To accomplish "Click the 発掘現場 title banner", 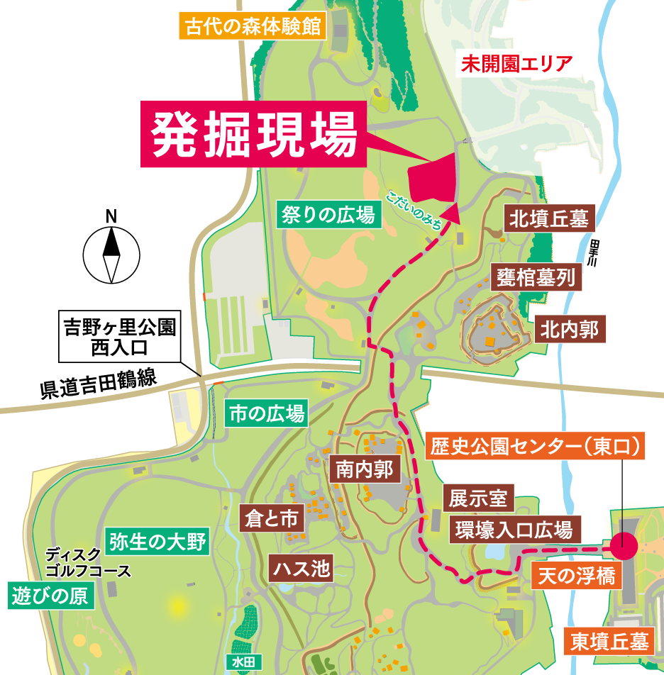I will click(254, 134).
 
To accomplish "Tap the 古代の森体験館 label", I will click(253, 28).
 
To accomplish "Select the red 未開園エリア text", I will click(516, 64).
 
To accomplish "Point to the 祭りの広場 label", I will click(328, 215).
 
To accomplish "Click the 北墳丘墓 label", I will click(549, 219).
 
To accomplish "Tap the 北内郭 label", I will click(570, 330).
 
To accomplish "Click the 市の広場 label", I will click(267, 413).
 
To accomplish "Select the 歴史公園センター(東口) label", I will click(537, 446).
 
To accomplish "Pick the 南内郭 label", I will click(364, 469).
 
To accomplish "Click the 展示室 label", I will click(478, 498).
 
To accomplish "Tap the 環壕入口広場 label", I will click(514, 529).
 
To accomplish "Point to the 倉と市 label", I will click(272, 518).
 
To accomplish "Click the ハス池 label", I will click(301, 568).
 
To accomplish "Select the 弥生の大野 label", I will click(157, 542).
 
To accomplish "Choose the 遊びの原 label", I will click(52, 595).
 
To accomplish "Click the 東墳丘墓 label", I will click(609, 642).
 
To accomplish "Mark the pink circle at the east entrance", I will click(624, 546).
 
